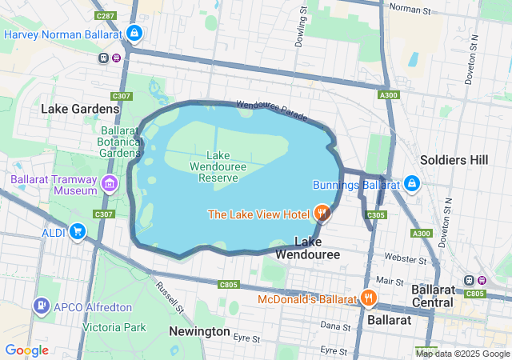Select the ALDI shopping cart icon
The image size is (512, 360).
77,232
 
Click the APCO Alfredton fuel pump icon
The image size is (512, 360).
41,306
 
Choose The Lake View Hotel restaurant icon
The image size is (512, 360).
322,213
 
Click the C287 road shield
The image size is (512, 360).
104,15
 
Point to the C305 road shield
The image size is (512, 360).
376,215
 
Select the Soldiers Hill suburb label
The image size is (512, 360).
454,160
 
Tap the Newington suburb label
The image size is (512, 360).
199,331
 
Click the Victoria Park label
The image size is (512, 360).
114,327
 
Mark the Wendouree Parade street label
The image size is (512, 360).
271,110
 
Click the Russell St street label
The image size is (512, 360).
170,297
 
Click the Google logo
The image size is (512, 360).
26,350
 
